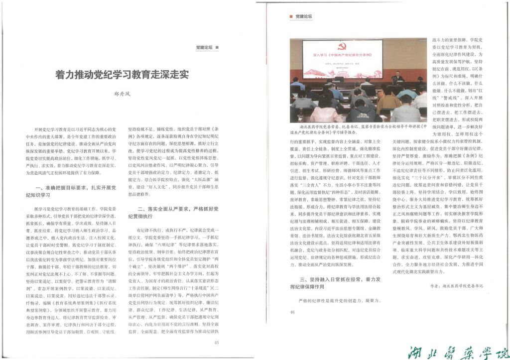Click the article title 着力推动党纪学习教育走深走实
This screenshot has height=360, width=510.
tap(122, 75)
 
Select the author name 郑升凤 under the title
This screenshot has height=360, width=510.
tap(123, 92)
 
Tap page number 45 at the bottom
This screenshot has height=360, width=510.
tap(216, 343)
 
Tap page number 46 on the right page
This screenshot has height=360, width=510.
tap(292, 312)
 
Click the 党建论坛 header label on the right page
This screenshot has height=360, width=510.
tap(303, 16)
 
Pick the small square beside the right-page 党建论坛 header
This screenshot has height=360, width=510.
tap(291, 16)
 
